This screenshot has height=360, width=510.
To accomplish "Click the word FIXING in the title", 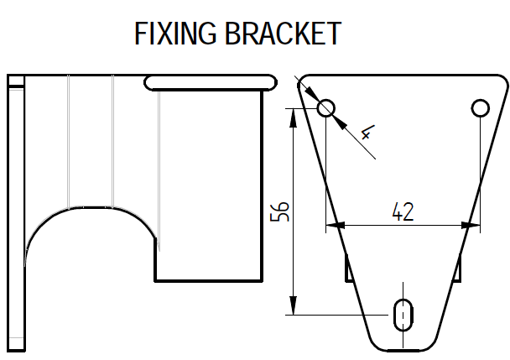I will [175, 34].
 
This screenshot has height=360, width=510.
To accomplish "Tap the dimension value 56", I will [281, 211].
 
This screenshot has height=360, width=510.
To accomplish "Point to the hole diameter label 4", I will [367, 133].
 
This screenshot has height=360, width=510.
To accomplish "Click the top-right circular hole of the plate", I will [480, 108].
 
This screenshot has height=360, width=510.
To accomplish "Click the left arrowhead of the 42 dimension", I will [333, 225].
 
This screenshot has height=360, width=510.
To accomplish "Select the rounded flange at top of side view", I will [210, 81].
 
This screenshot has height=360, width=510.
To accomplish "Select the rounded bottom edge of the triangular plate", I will [403, 349].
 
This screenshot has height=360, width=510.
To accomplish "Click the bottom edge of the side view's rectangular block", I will [209, 279].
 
